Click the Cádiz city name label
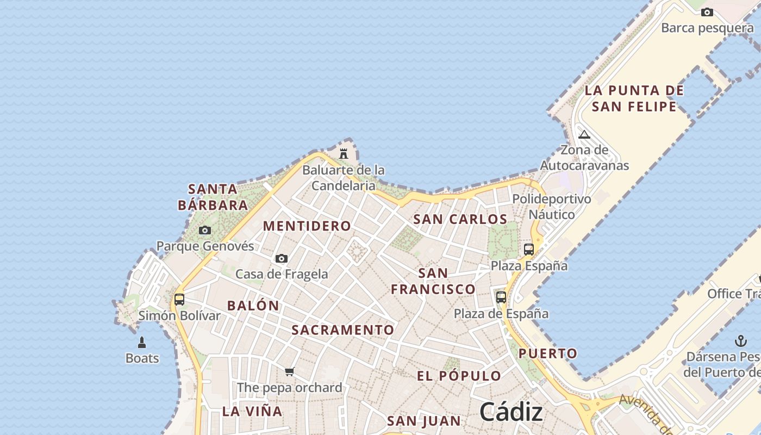(511, 412)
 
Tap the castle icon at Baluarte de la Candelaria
(344, 154)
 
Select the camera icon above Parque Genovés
(205, 230)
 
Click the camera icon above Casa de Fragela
(282, 259)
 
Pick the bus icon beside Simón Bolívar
(179, 299)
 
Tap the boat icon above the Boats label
(142, 342)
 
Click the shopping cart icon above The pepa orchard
(289, 372)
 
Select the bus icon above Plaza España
(528, 250)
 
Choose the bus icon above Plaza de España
(501, 297)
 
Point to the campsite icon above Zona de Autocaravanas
(584, 134)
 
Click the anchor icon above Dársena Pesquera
(740, 341)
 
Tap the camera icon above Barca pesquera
(707, 12)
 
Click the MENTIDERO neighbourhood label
(307, 226)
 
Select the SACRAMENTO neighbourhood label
(343, 330)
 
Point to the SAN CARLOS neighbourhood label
(460, 220)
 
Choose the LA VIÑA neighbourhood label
(252, 411)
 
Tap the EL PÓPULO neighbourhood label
(459, 376)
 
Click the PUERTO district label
(548, 353)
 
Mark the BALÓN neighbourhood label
(253, 306)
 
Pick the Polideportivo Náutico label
(552, 207)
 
